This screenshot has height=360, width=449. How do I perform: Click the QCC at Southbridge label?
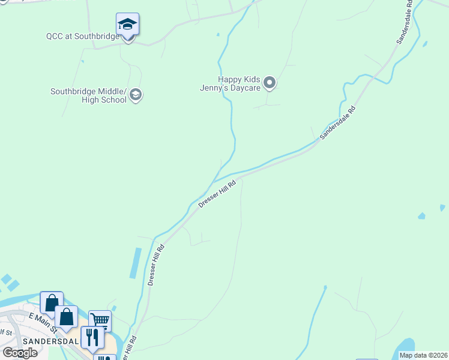(x=82, y=36)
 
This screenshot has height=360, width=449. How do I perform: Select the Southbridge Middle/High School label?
(x=89, y=95)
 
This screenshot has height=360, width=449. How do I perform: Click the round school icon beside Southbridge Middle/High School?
(x=136, y=95)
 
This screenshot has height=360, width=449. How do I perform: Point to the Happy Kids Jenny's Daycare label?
(x=239, y=83)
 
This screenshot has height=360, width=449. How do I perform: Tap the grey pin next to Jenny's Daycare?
(x=270, y=83)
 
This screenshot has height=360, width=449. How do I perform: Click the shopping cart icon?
(x=100, y=321)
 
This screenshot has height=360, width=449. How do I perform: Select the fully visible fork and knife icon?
(x=92, y=337)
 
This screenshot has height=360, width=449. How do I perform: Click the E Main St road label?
(x=42, y=323)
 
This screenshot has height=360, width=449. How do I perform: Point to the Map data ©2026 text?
(x=424, y=355)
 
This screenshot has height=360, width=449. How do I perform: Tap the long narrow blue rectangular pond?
(x=136, y=263)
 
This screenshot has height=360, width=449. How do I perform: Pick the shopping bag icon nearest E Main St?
(x=66, y=316)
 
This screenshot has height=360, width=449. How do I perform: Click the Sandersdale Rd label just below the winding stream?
(x=338, y=123)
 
